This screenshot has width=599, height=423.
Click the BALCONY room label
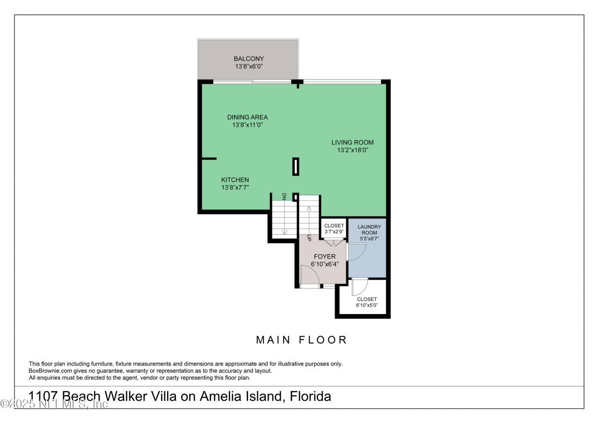[x=248, y=59]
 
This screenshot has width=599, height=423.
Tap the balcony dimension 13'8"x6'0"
[x=248, y=67]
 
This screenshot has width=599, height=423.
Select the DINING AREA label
[x=248, y=117]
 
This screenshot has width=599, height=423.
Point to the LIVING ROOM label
[x=352, y=143]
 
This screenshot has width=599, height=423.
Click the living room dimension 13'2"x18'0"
[x=352, y=151]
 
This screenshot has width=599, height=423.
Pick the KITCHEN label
[x=235, y=180]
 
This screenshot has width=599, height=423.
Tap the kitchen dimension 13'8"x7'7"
[x=235, y=188]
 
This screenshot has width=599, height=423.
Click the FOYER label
[x=324, y=257]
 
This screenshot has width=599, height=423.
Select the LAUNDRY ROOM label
[x=369, y=230]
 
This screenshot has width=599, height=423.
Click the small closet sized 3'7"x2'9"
[x=334, y=229]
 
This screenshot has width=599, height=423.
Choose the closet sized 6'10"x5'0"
[x=366, y=302]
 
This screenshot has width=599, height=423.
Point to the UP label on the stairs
[x=309, y=237]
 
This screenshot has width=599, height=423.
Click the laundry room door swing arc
[x=357, y=252]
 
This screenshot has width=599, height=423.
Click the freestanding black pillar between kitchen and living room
[x=295, y=167]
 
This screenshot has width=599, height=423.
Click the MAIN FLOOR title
[x=301, y=340]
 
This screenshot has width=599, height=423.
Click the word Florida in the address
[x=310, y=397]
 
